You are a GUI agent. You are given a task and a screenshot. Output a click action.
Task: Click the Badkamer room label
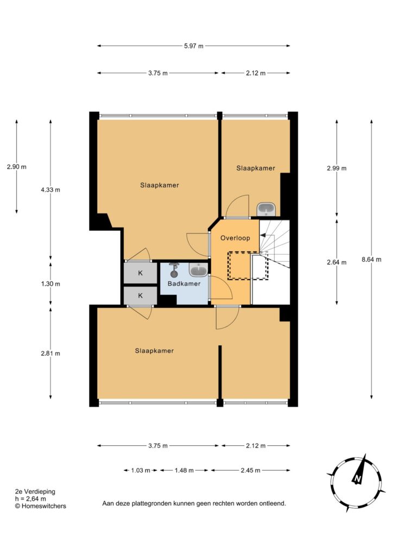coord(184,283)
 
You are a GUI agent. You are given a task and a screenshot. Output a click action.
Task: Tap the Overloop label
coord(235,238)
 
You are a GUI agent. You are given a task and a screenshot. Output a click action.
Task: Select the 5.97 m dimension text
coord(194,46)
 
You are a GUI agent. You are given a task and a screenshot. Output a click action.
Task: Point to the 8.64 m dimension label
coord(371,260)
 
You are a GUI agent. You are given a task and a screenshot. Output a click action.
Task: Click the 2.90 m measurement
coord(17,167)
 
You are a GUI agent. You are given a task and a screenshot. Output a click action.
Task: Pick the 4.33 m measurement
coord(50,189)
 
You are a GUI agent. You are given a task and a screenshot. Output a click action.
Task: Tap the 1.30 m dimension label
coord(50,284)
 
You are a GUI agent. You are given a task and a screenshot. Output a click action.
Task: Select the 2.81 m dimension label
coord(50,353)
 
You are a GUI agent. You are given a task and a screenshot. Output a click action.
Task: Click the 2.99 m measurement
coord(337,168)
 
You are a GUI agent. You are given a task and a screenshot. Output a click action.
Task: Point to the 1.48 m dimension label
coord(184,471)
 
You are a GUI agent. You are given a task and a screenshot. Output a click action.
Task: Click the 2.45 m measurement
coord(251,471)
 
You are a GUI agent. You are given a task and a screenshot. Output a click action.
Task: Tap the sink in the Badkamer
coord(199,270)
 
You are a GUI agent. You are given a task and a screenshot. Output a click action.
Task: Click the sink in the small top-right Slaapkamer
coord(266,209)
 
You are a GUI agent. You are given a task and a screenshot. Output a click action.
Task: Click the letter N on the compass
coord(357,479)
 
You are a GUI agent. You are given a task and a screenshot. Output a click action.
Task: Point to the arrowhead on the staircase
coord(263,235)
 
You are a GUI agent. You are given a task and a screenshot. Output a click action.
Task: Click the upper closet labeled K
coord(141,273)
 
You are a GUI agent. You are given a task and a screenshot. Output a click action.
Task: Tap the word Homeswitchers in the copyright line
coord(44,506)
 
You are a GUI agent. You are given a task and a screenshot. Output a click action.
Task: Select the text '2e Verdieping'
coord(35,491)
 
